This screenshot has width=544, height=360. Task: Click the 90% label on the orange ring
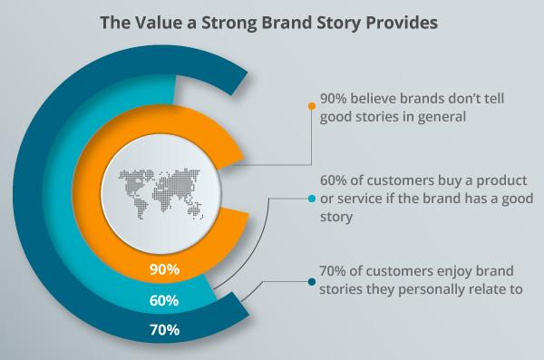click(x=166, y=270)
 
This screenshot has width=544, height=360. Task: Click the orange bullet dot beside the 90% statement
click(x=312, y=107)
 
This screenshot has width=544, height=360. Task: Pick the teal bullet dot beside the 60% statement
click(x=312, y=198)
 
